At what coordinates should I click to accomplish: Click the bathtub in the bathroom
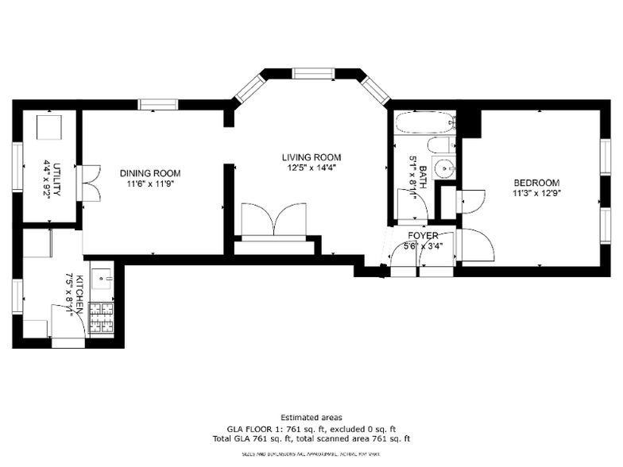(x=426, y=124)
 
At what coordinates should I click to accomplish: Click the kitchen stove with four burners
(x=102, y=319)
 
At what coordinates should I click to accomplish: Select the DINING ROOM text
(x=150, y=173)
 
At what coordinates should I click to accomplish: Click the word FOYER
(x=422, y=236)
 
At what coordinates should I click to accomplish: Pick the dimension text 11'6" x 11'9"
(x=150, y=183)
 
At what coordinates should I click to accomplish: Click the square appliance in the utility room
(x=51, y=126)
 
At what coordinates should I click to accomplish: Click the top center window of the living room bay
(x=311, y=74)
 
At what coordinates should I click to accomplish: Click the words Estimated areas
(x=311, y=418)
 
